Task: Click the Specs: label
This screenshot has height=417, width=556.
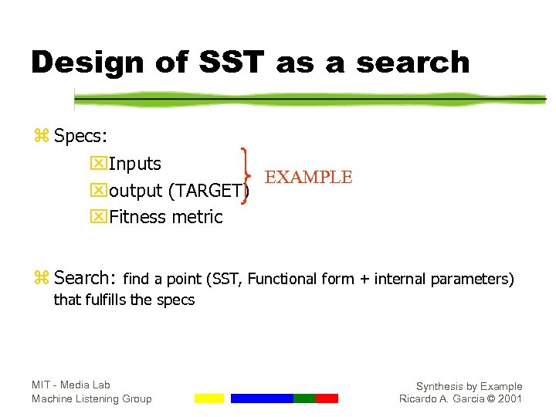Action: [x=80, y=136]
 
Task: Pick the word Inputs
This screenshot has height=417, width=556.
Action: [x=135, y=164]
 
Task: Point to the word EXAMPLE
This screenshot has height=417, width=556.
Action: [x=308, y=178]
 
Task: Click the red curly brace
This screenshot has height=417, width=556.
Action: [x=247, y=178]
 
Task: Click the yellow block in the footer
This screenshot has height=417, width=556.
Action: [x=208, y=398]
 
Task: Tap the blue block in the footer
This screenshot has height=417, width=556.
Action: [x=262, y=398]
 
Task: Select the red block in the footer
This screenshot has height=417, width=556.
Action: [x=327, y=398]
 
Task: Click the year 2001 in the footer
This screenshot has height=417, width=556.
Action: [x=510, y=399]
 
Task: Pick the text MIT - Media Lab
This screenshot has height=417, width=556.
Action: [x=70, y=385]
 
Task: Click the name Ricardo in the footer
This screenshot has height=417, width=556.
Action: [x=420, y=399]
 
